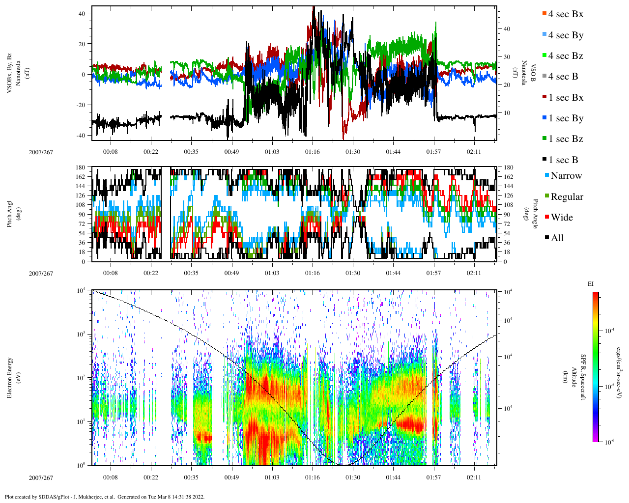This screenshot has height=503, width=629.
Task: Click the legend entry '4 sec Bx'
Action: coord(566,14)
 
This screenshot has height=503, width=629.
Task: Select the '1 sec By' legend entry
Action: coord(566,118)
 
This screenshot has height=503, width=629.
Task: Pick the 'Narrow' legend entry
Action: coord(566,176)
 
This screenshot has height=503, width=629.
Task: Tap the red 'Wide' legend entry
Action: coord(561,218)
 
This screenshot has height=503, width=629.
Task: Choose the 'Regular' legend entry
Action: coord(567,197)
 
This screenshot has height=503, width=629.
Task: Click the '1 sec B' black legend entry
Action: coord(563,160)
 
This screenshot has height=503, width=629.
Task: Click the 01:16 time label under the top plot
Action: coord(312,152)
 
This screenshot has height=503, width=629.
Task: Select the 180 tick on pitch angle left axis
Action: coord(81,168)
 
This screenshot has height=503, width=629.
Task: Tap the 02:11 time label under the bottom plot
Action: coord(474,477)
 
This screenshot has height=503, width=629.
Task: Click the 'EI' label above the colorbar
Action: coord(591,284)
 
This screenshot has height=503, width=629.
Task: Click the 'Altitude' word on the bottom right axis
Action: coord(573,378)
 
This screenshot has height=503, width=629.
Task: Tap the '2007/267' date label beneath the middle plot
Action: coord(41,273)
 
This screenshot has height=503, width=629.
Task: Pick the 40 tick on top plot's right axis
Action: coord(507,29)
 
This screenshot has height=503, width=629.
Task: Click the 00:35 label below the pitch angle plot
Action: coord(191,273)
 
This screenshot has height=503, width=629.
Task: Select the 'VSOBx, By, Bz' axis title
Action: coord(10,73)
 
